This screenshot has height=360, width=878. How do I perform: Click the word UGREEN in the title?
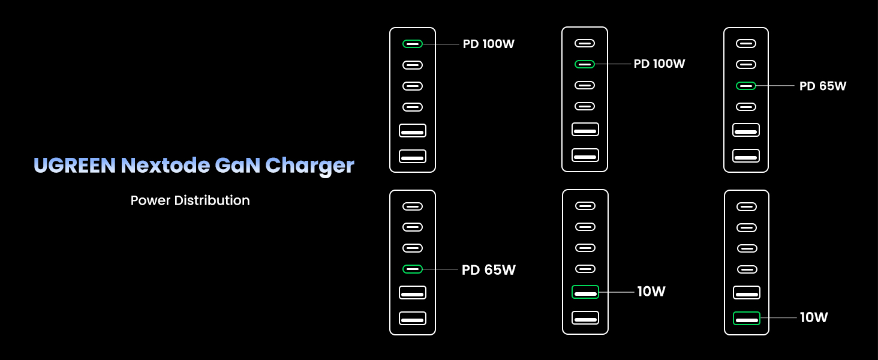pyautogui.click(x=74, y=165)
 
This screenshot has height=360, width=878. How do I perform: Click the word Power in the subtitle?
pyautogui.click(x=151, y=200)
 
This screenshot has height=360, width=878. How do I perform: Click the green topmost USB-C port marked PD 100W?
pyautogui.click(x=413, y=44)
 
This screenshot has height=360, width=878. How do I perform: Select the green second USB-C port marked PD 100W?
pyautogui.click(x=585, y=64)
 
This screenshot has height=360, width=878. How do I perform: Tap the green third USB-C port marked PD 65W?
pyautogui.click(x=746, y=86)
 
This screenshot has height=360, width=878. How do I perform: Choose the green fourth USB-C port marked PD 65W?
pyautogui.click(x=413, y=269)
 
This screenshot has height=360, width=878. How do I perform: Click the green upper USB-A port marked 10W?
pyautogui.click(x=585, y=292)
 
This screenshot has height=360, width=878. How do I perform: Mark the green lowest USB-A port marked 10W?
pyautogui.click(x=747, y=318)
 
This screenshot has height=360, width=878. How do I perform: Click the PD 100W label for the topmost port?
pyautogui.click(x=489, y=44)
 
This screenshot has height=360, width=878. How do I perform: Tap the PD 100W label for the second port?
pyautogui.click(x=659, y=64)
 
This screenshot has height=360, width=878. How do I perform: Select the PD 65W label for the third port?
pyautogui.click(x=823, y=86)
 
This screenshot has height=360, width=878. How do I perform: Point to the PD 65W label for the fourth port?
pyautogui.click(x=489, y=269)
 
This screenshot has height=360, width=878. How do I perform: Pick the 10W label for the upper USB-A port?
pyautogui.click(x=651, y=292)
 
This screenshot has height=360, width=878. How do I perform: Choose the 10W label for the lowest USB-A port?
pyautogui.click(x=814, y=317)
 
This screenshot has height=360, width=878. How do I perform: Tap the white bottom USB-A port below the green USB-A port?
pyautogui.click(x=585, y=318)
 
